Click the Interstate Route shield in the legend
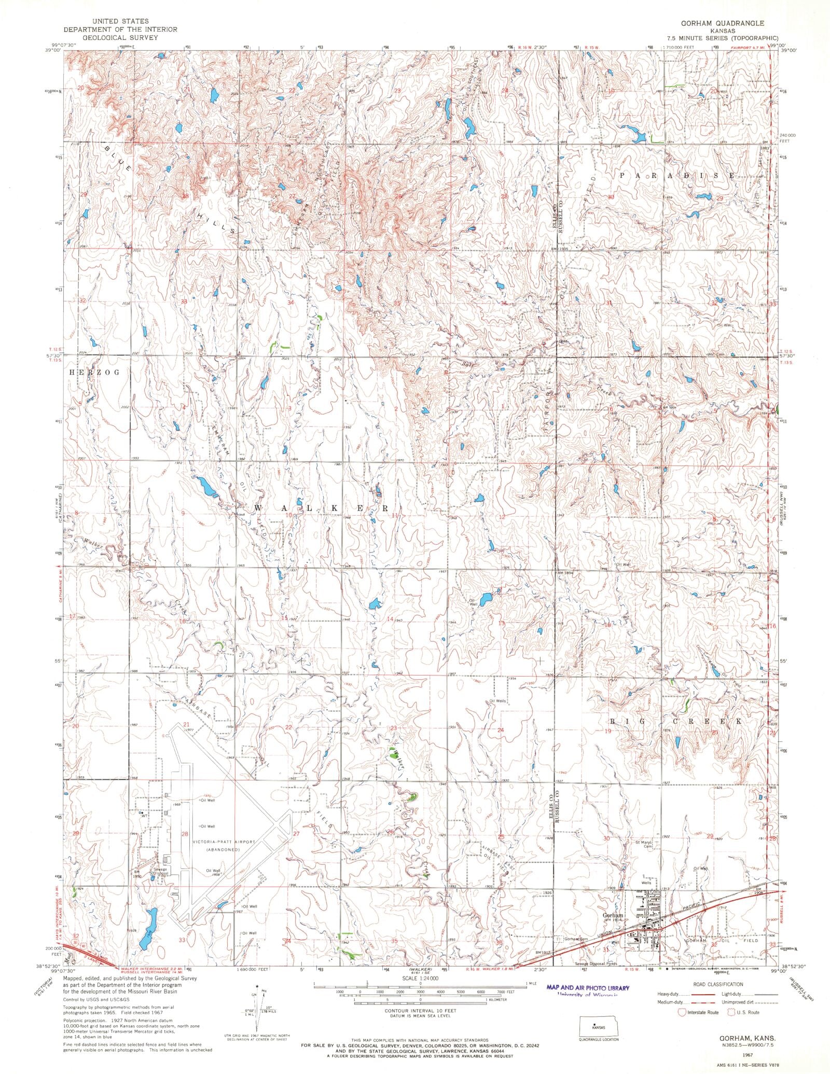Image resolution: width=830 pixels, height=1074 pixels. point(683,1027)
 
